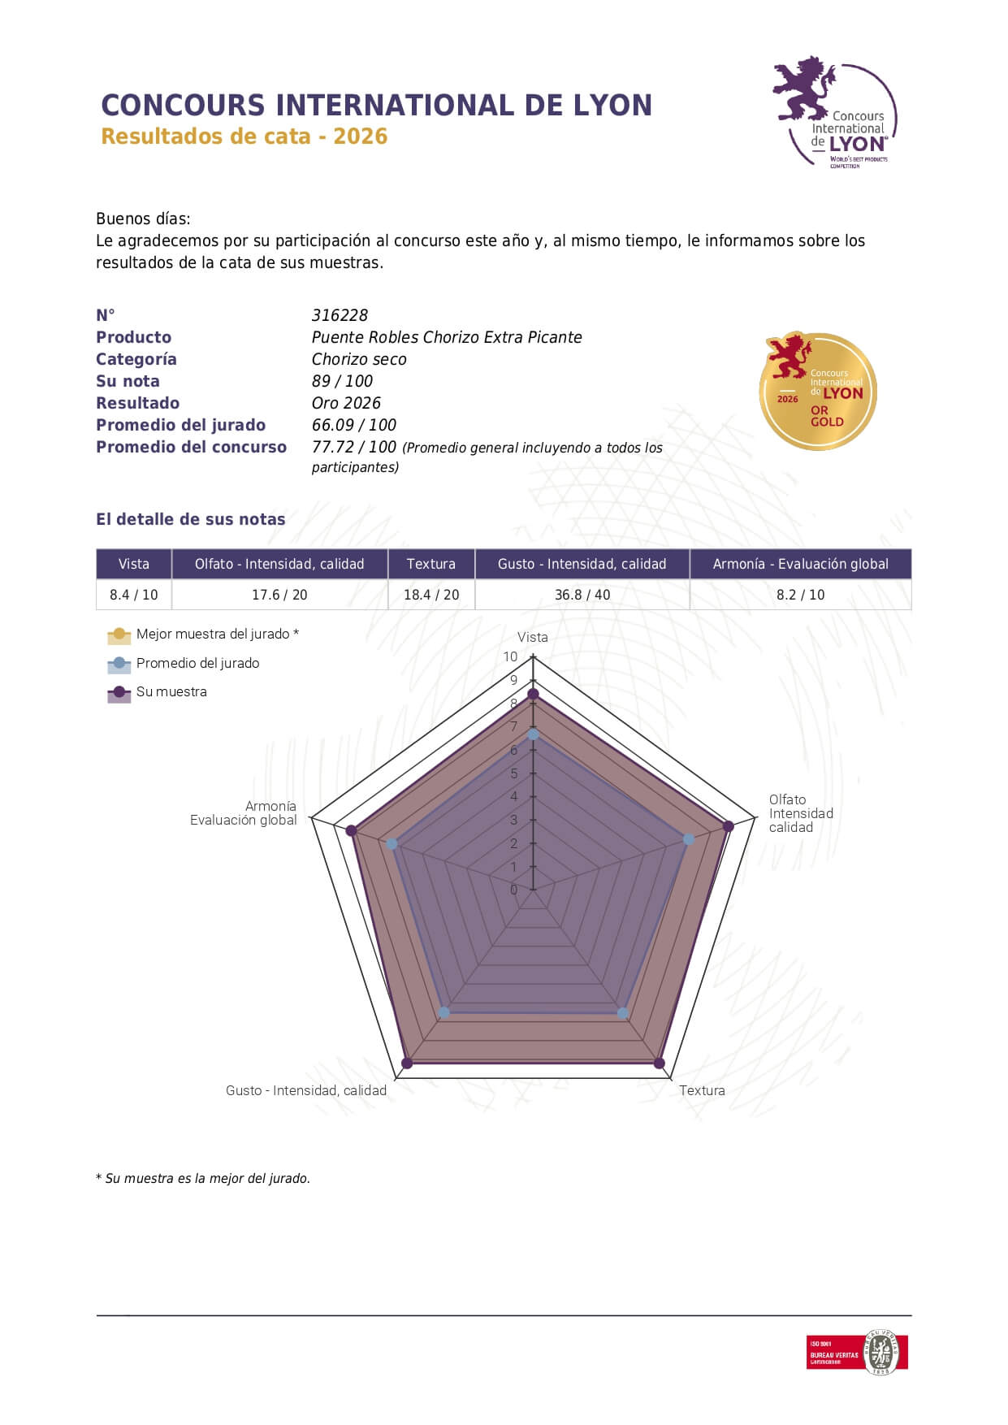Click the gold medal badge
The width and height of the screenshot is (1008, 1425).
818,391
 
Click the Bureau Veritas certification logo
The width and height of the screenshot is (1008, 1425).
857,1352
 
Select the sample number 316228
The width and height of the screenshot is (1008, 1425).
340,315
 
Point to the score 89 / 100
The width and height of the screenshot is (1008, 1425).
342,381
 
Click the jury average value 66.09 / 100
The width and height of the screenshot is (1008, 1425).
354,425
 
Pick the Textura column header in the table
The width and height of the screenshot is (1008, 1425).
430,564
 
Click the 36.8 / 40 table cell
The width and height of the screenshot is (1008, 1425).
582,595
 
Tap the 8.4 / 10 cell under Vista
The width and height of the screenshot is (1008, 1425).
134,595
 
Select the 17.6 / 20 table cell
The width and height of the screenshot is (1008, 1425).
279,595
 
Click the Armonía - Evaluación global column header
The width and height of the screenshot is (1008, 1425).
800,564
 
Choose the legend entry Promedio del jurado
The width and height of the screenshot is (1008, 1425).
197,663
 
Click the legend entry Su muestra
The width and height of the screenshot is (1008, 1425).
171,691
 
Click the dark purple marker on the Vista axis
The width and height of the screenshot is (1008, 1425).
533,694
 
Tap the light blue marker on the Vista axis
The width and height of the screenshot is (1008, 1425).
533,734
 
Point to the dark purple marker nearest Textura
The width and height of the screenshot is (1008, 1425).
659,1063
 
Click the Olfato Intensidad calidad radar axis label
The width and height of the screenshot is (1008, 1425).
800,813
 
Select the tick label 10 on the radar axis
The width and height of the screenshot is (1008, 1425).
510,656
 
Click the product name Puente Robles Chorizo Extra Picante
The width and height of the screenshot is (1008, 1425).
447,337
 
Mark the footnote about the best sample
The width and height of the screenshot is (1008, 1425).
203,1178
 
